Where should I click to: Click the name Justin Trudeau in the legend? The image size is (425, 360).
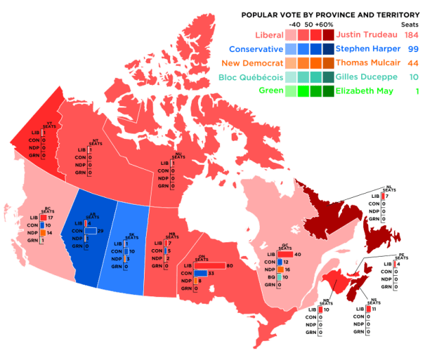click(361, 34)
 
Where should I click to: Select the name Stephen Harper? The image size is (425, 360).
click(361, 49)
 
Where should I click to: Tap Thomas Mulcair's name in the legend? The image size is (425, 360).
click(361, 63)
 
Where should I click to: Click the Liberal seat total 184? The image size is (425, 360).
click(411, 34)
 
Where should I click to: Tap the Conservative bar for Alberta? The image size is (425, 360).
click(90, 231)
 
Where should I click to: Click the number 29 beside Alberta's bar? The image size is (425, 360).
click(100, 231)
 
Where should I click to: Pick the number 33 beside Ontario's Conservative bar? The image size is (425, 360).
click(211, 273)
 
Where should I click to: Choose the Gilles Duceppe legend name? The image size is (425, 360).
click(361, 77)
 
